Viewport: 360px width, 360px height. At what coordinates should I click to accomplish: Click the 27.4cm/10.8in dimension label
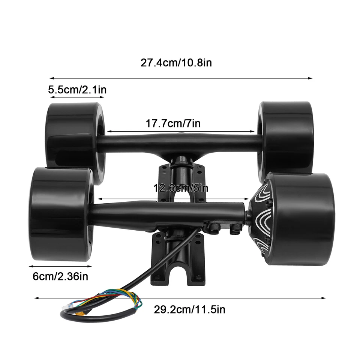pos(176,63)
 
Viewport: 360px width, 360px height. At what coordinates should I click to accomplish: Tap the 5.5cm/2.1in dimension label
pos(77,90)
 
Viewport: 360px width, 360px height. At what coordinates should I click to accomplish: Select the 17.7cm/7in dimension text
pos(173,123)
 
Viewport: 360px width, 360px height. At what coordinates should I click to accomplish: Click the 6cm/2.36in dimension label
pos(60,277)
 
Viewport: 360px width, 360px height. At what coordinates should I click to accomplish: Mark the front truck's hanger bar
pos(169,212)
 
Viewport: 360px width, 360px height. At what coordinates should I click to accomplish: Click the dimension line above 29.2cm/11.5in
pos(180,298)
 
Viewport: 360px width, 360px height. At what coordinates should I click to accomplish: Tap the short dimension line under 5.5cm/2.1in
pos(77,97)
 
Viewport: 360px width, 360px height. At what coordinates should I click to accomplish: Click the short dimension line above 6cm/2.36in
pos(60,266)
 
